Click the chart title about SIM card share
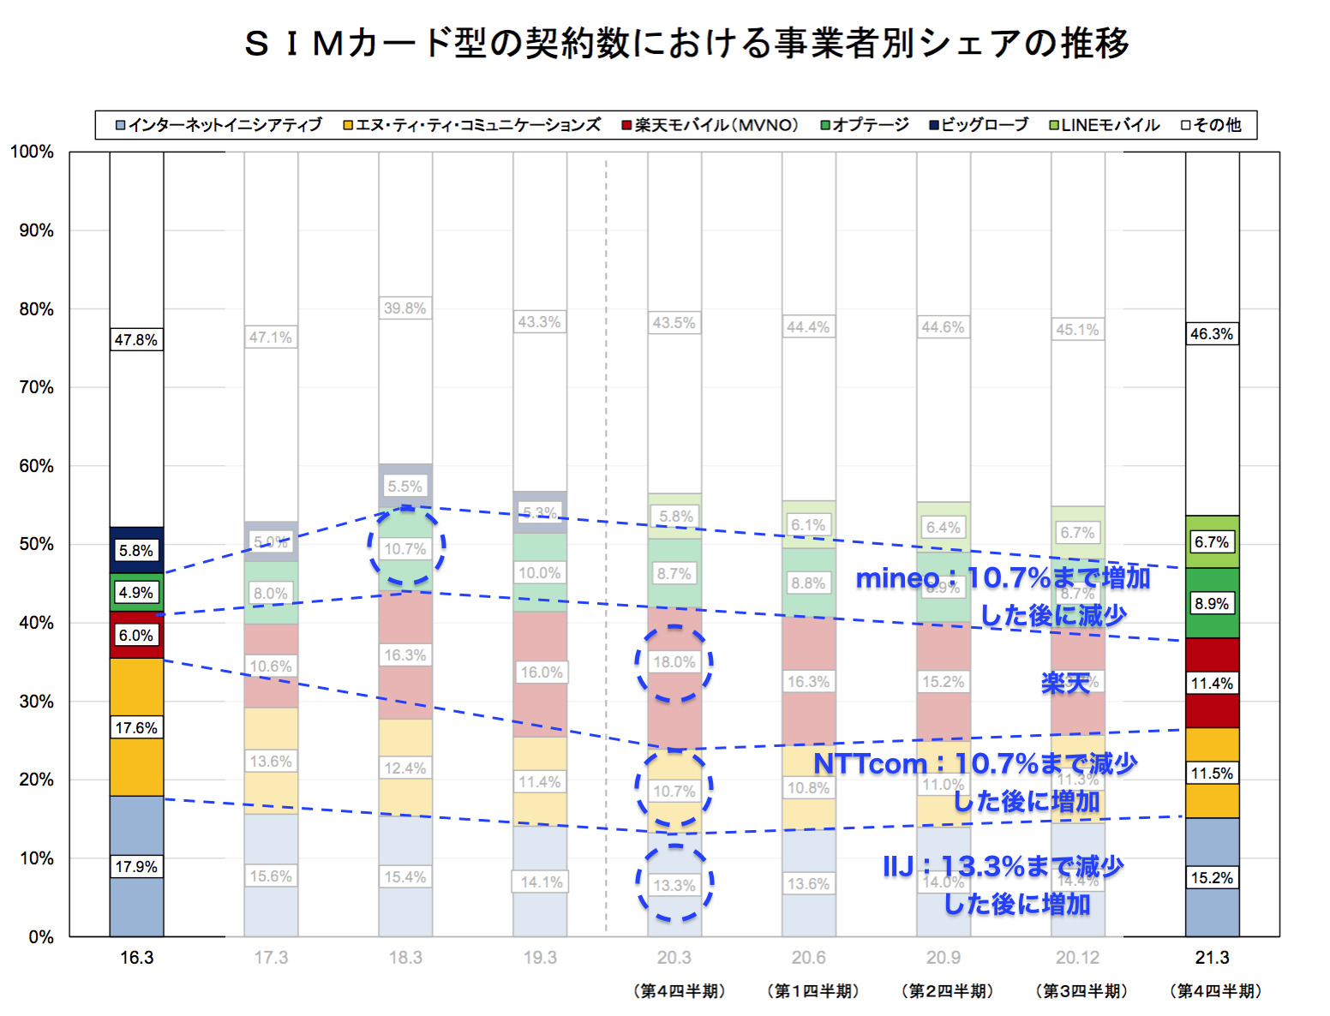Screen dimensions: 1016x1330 pyautogui.click(x=686, y=43)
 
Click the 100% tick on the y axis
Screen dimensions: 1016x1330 pyautogui.click(x=32, y=152)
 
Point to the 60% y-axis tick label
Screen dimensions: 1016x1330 pyautogui.click(x=36, y=466)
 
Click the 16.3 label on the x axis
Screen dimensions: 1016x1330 pyautogui.click(x=136, y=958)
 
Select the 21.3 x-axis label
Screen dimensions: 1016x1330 pyautogui.click(x=1212, y=958)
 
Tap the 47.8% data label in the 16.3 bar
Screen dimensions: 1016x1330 pyautogui.click(x=136, y=340)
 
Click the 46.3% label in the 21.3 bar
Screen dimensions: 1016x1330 pyautogui.click(x=1212, y=334)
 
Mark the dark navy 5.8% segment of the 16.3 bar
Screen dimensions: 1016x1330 pyautogui.click(x=136, y=550)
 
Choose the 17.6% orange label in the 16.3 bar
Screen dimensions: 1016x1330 pyautogui.click(x=136, y=728)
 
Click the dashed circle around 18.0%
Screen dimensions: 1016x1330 pyautogui.click(x=674, y=662)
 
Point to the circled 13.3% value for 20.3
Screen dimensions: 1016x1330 pyautogui.click(x=674, y=885)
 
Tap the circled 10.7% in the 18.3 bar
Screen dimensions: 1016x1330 pyautogui.click(x=405, y=548)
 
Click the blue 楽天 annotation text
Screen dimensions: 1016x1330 pyautogui.click(x=1064, y=683)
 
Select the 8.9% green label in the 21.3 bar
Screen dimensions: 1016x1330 pyautogui.click(x=1212, y=604)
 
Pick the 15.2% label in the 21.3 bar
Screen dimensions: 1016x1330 pyautogui.click(x=1212, y=878)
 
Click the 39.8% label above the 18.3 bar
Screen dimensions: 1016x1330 pyautogui.click(x=405, y=308)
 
